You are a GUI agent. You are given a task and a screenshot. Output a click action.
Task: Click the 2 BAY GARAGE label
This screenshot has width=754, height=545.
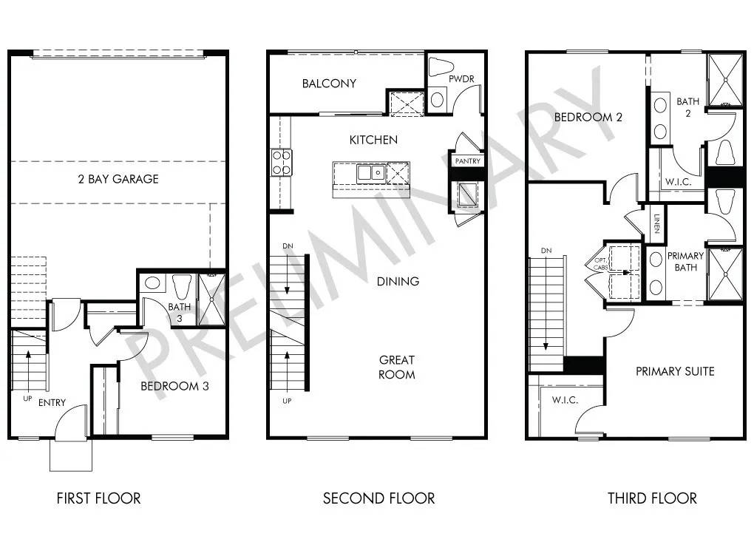point(118,179)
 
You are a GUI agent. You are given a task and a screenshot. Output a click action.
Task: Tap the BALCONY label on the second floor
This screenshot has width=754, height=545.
point(329,84)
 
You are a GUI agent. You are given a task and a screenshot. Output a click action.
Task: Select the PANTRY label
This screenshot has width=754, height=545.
point(468,160)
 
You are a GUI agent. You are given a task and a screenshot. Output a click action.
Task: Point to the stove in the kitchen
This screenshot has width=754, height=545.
point(282,162)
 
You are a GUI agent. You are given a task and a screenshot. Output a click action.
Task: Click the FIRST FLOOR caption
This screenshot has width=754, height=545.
point(98,498)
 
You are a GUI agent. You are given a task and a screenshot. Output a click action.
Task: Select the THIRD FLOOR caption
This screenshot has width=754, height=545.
point(652,498)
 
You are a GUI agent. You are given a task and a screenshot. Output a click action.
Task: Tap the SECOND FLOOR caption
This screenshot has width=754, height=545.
point(378,498)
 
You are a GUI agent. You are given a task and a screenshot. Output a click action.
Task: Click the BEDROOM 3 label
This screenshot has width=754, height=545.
point(180,386)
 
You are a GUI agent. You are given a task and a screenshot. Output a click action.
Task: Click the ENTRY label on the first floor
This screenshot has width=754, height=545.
point(52,403)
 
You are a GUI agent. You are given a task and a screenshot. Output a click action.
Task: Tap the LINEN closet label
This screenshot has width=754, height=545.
point(656,222)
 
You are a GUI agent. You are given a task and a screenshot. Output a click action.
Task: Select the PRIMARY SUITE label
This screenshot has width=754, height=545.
point(675,371)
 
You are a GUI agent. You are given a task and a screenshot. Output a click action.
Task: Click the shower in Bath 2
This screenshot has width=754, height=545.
point(724,79)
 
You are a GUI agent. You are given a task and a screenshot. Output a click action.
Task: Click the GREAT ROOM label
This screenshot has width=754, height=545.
point(397,367)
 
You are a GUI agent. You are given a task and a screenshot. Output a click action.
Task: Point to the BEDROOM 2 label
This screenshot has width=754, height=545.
point(583,117)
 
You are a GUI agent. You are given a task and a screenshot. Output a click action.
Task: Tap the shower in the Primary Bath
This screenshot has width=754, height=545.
point(724,274)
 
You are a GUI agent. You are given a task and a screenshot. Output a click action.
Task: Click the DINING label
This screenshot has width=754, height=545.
point(398,281)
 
